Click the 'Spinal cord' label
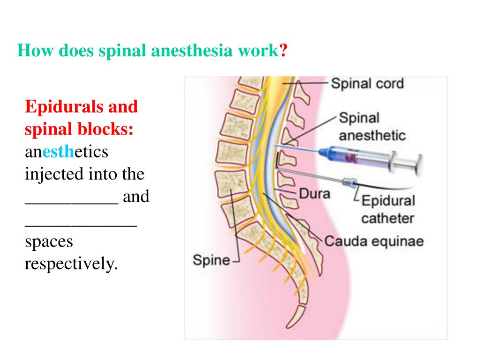[x=367, y=84]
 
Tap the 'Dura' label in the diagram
[x=315, y=193]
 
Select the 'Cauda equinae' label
[x=374, y=241]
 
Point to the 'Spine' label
[x=211, y=260]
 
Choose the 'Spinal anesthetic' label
[x=372, y=127]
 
